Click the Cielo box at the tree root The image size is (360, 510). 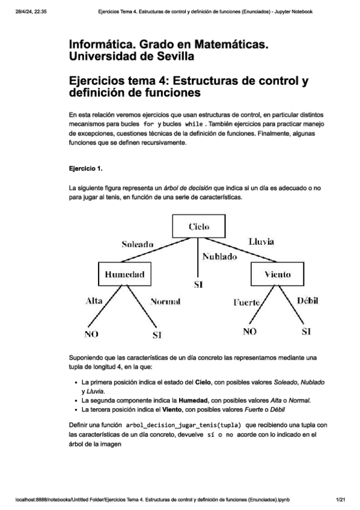click(x=198, y=226)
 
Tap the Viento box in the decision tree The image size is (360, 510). click(x=278, y=274)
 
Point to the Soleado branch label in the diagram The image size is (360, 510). click(x=138, y=244)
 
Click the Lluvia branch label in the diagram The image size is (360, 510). click(x=261, y=241)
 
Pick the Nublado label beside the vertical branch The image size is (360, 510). click(x=219, y=256)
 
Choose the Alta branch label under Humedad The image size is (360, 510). click(x=94, y=300)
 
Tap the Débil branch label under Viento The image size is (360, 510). click(x=307, y=300)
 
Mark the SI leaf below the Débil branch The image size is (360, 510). click(x=306, y=331)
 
